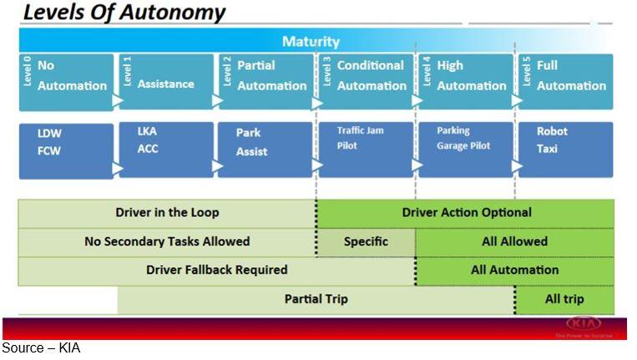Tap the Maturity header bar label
click(311, 41)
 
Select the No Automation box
click(66, 81)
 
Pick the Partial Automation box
click(265, 81)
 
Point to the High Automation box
click(465, 81)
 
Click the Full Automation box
click(565, 81)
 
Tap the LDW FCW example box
click(66, 150)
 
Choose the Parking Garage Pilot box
click(465, 149)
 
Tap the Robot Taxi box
click(565, 149)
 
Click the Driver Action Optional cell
click(466, 212)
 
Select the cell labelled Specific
click(366, 241)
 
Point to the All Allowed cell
click(514, 241)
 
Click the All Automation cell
click(514, 270)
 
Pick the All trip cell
click(564, 299)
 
